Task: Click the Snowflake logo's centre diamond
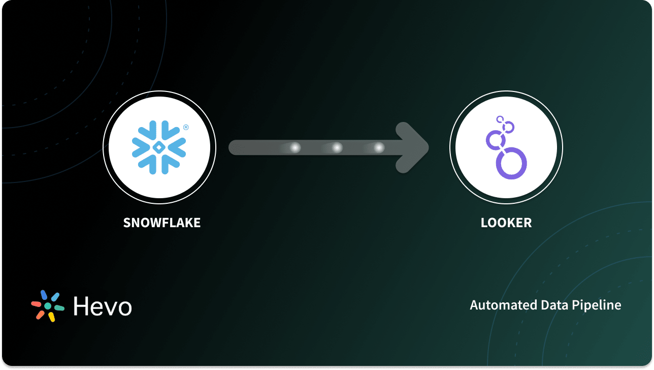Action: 159,147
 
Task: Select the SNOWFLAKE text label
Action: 162,223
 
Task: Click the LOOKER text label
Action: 506,223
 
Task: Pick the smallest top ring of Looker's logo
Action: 501,120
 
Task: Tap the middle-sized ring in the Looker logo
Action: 495,139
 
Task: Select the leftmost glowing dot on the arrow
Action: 295,147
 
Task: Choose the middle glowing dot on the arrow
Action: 337,147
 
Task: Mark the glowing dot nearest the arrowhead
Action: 379,147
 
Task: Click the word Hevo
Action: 103,306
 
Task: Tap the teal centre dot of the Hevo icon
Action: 48,306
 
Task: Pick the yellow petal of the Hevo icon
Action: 51,317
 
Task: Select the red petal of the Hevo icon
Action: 37,303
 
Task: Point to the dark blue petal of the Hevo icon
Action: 44,295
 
